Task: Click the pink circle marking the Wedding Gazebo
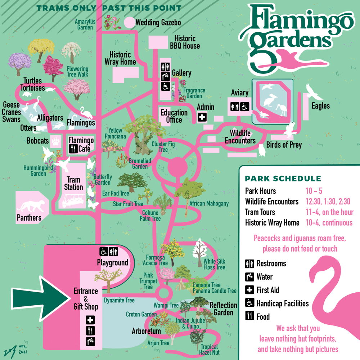[129, 22]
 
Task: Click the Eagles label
[320, 106]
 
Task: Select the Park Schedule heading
[283, 179]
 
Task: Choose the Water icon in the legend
[249, 277]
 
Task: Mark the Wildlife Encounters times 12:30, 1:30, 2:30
[328, 202]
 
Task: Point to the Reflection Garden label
[223, 309]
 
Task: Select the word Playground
[112, 263]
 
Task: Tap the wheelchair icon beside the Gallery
[165, 86]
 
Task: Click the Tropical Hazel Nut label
[209, 350]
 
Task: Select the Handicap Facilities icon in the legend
[249, 303]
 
